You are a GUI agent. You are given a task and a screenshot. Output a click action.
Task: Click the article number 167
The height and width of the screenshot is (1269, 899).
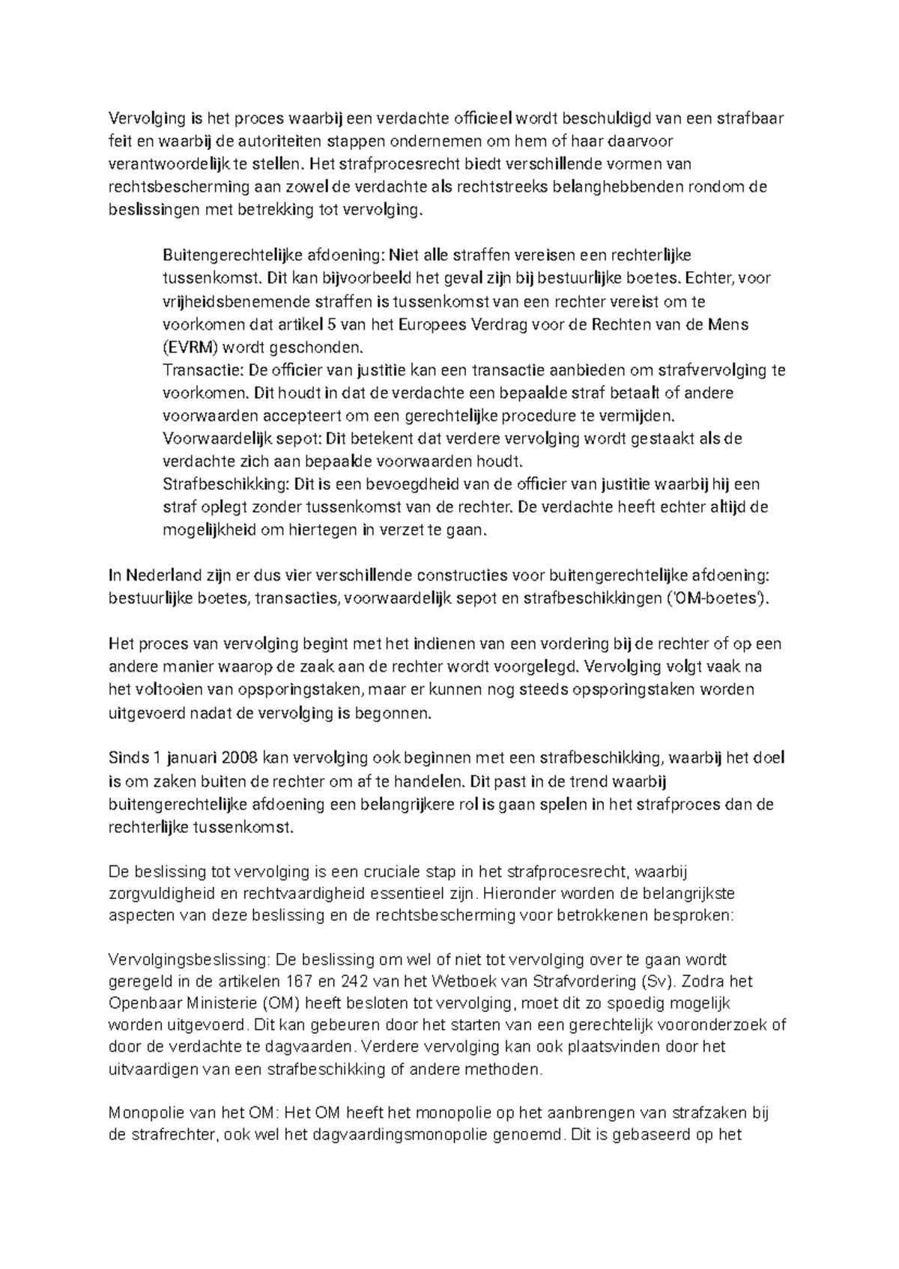pyautogui.click(x=301, y=981)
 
